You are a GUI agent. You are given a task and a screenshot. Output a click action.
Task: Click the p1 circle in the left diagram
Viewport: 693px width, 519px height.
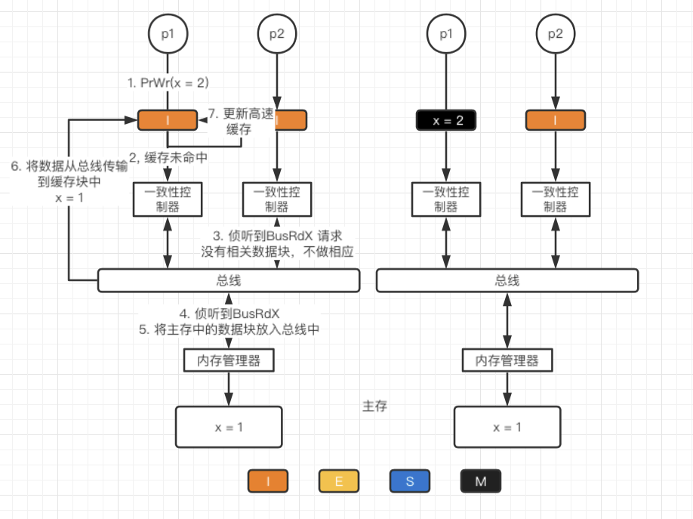click(167, 33)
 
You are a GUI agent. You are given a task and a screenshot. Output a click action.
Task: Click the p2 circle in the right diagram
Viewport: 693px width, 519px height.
click(556, 33)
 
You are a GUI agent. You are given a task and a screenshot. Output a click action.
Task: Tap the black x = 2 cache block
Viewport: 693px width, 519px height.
click(445, 120)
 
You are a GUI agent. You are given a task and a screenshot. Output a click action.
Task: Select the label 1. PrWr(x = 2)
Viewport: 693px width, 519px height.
click(168, 82)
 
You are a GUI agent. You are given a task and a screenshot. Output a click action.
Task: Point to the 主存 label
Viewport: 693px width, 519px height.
click(375, 406)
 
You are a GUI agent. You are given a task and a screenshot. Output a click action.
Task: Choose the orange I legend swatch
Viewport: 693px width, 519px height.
click(268, 480)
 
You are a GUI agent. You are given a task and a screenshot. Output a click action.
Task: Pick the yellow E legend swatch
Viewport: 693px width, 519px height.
click(338, 480)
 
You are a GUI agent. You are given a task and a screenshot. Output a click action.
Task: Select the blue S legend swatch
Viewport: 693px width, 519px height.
click(409, 480)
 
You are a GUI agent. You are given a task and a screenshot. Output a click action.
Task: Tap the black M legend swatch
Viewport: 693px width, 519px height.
click(480, 480)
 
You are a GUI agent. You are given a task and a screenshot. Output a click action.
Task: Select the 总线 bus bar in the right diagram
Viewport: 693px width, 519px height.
click(507, 280)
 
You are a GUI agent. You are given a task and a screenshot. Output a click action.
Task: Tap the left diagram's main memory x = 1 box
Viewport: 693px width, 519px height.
click(229, 426)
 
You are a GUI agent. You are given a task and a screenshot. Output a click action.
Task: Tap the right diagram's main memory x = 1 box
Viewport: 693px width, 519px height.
click(507, 426)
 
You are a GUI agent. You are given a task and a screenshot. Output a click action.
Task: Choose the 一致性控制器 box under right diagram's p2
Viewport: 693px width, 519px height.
click(556, 199)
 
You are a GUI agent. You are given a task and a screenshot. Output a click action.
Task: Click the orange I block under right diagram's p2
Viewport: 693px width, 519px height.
click(556, 120)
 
